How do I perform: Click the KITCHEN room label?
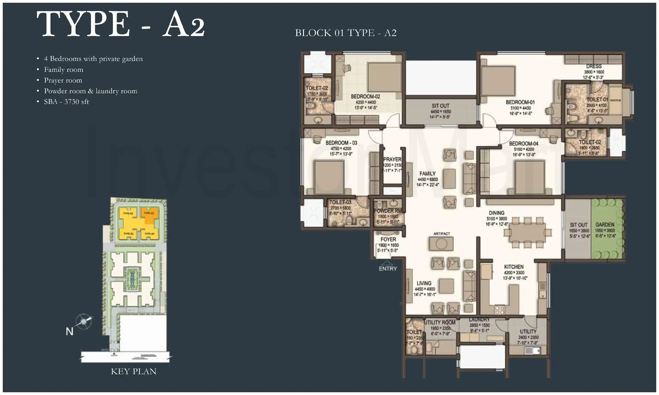[513, 267]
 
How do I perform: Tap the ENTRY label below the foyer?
[388, 269]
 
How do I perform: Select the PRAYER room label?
[392, 159]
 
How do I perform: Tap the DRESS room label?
[594, 66]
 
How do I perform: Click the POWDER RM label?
[387, 211]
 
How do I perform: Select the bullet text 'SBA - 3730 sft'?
[66, 102]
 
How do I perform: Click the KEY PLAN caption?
[133, 371]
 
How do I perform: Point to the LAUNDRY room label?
[479, 320]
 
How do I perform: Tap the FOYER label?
[388, 239]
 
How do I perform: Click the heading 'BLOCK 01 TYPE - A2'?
[346, 33]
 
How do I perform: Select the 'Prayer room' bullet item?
[63, 80]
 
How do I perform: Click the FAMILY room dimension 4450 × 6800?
[428, 179]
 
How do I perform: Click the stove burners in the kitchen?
[499, 310]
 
